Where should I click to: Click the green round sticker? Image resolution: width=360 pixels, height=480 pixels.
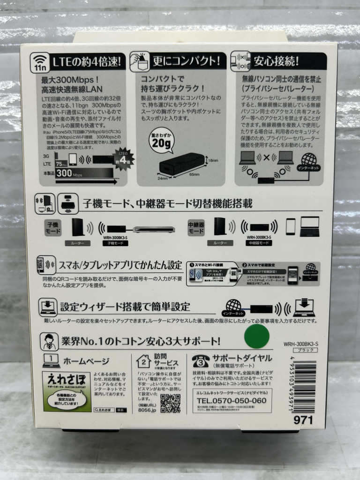pyautogui.click(x=257, y=336)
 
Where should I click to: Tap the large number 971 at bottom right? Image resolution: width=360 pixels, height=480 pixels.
pyautogui.click(x=303, y=420)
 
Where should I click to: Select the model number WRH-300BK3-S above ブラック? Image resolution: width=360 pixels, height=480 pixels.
pyautogui.click(x=301, y=344)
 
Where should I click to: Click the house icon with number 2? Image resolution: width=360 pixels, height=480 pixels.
pyautogui.click(x=143, y=360)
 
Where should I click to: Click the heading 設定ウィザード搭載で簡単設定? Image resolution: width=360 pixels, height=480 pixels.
pyautogui.click(x=125, y=307)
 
